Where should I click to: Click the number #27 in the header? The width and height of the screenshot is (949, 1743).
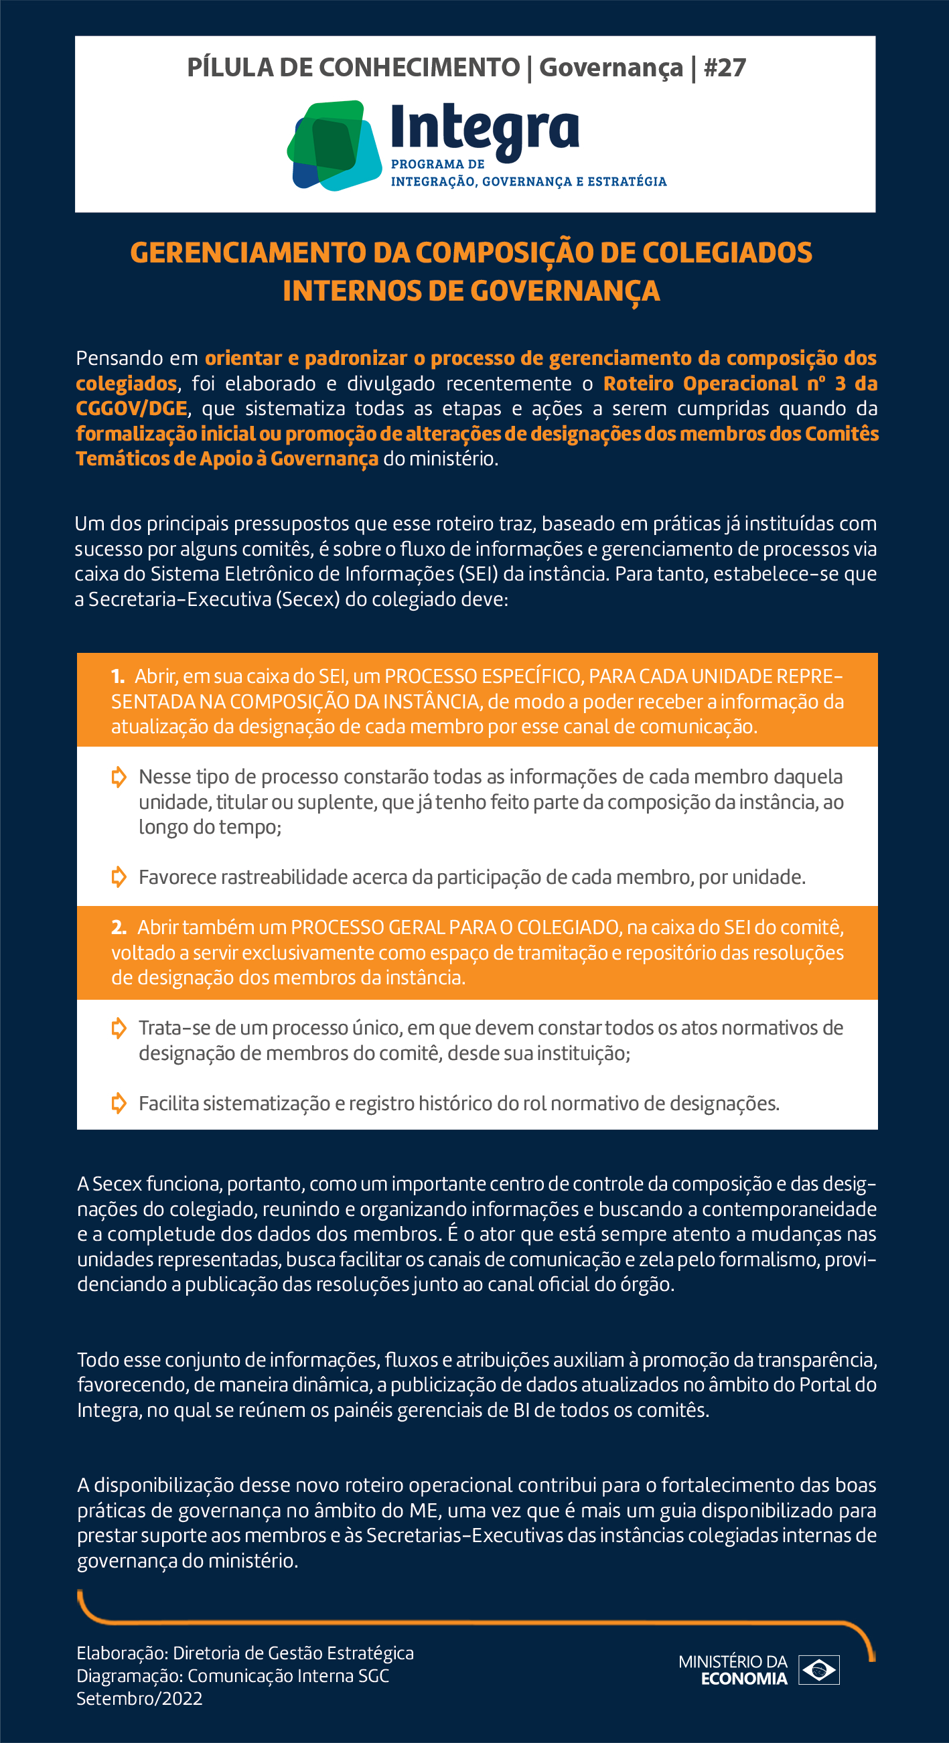(724, 68)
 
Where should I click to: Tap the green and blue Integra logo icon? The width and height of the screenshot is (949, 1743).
(334, 145)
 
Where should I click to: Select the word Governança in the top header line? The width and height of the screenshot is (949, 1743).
(611, 68)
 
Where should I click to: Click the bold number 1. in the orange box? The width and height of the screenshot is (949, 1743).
(118, 676)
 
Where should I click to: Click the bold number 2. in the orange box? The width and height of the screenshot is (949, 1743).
(119, 927)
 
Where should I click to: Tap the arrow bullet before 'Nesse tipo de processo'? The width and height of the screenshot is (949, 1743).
(119, 777)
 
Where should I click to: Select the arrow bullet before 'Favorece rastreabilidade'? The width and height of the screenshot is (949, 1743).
(119, 877)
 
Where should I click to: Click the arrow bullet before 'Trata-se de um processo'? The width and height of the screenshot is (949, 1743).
(119, 1028)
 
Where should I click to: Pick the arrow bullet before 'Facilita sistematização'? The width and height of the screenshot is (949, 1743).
(119, 1103)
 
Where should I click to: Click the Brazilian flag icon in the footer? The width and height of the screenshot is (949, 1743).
(819, 1670)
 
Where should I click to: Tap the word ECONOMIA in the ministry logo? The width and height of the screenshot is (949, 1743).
(744, 1679)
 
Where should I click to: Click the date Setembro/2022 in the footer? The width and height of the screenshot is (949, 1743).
(139, 1699)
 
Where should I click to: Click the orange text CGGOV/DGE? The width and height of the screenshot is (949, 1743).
(131, 408)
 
